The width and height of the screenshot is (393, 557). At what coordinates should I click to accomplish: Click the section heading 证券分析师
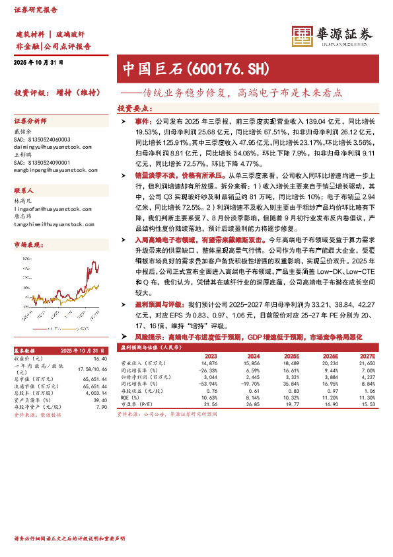[31, 122]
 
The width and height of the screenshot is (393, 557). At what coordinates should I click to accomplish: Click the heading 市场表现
[26, 245]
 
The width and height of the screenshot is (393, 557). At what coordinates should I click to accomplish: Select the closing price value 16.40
[100, 359]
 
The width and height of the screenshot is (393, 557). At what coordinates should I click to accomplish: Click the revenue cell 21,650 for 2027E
[367, 363]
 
